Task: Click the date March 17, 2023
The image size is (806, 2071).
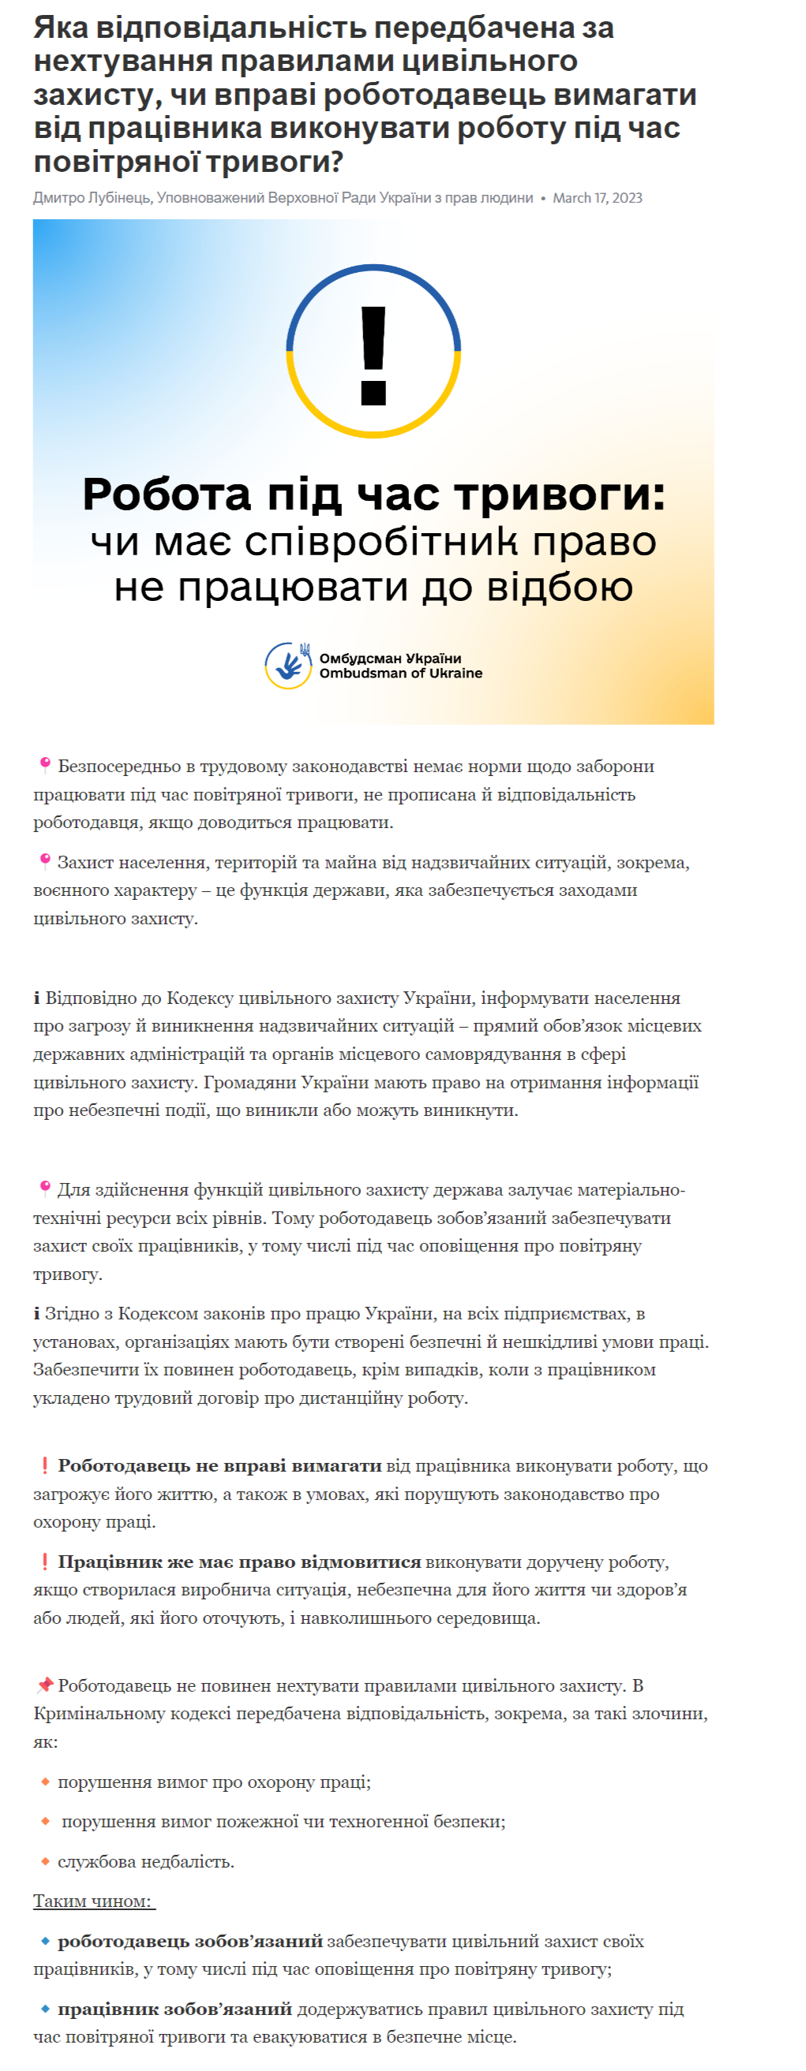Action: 597,198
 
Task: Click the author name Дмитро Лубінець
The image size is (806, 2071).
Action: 92,198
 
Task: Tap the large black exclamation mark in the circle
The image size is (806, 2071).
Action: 373,355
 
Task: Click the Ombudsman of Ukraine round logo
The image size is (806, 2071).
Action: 288,666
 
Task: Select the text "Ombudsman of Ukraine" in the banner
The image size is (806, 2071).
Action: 400,674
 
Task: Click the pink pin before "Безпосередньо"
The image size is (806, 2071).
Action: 45,764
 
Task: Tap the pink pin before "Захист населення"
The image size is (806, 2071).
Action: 45,861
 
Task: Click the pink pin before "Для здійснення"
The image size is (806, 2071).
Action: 45,1188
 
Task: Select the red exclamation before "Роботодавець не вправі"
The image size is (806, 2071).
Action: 45,1465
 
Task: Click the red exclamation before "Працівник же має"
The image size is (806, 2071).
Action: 45,1562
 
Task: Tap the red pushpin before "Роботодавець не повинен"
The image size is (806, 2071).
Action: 45,1685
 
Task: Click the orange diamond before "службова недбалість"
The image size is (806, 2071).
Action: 45,1860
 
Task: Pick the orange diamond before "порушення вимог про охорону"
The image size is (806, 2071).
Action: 45,1782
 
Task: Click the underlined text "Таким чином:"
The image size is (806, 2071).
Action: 93,1901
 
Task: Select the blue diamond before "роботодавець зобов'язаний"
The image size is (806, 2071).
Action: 45,1941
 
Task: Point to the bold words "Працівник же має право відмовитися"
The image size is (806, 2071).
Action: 239,1562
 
